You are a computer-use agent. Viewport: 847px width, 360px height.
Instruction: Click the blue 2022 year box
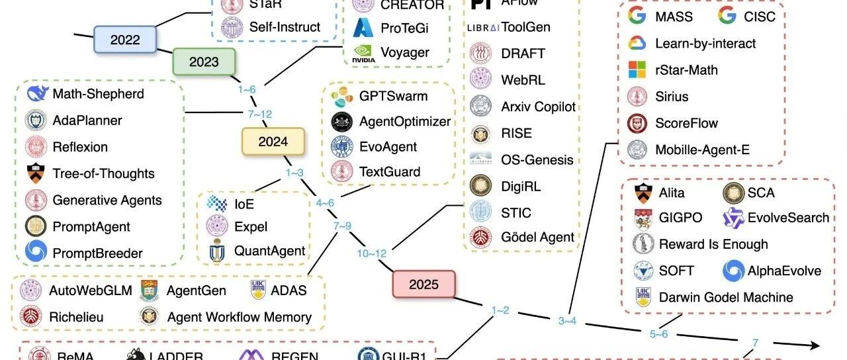(125, 40)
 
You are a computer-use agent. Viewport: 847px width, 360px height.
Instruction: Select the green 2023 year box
(204, 62)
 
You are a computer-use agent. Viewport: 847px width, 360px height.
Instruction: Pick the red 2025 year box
(423, 285)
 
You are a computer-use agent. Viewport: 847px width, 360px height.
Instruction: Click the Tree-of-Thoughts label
(103, 173)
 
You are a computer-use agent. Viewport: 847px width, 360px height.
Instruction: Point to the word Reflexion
(80, 147)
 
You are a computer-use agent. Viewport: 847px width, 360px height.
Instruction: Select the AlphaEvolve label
(784, 271)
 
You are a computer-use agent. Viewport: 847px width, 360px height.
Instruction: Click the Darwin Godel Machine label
(726, 297)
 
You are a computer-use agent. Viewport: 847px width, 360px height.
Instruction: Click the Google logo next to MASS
(637, 16)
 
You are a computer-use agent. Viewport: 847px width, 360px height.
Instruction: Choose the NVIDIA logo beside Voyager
(363, 53)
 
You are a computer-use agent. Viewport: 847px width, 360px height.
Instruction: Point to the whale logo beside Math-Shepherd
(37, 94)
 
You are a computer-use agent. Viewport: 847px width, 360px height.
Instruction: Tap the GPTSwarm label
(393, 96)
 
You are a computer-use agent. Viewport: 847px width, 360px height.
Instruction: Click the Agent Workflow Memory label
(240, 317)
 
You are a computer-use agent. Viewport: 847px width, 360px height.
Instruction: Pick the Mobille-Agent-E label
(702, 150)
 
